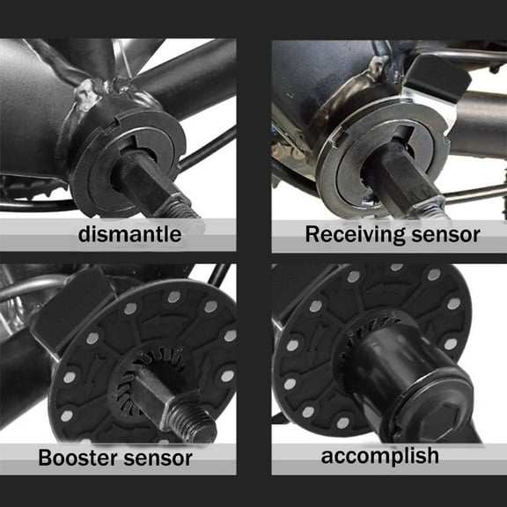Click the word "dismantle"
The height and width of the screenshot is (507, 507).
click(x=129, y=234)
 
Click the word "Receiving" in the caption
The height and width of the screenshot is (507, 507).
click(x=347, y=234)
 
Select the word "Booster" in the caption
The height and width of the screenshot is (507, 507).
click(x=80, y=458)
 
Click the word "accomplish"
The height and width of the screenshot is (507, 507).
click(x=379, y=456)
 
